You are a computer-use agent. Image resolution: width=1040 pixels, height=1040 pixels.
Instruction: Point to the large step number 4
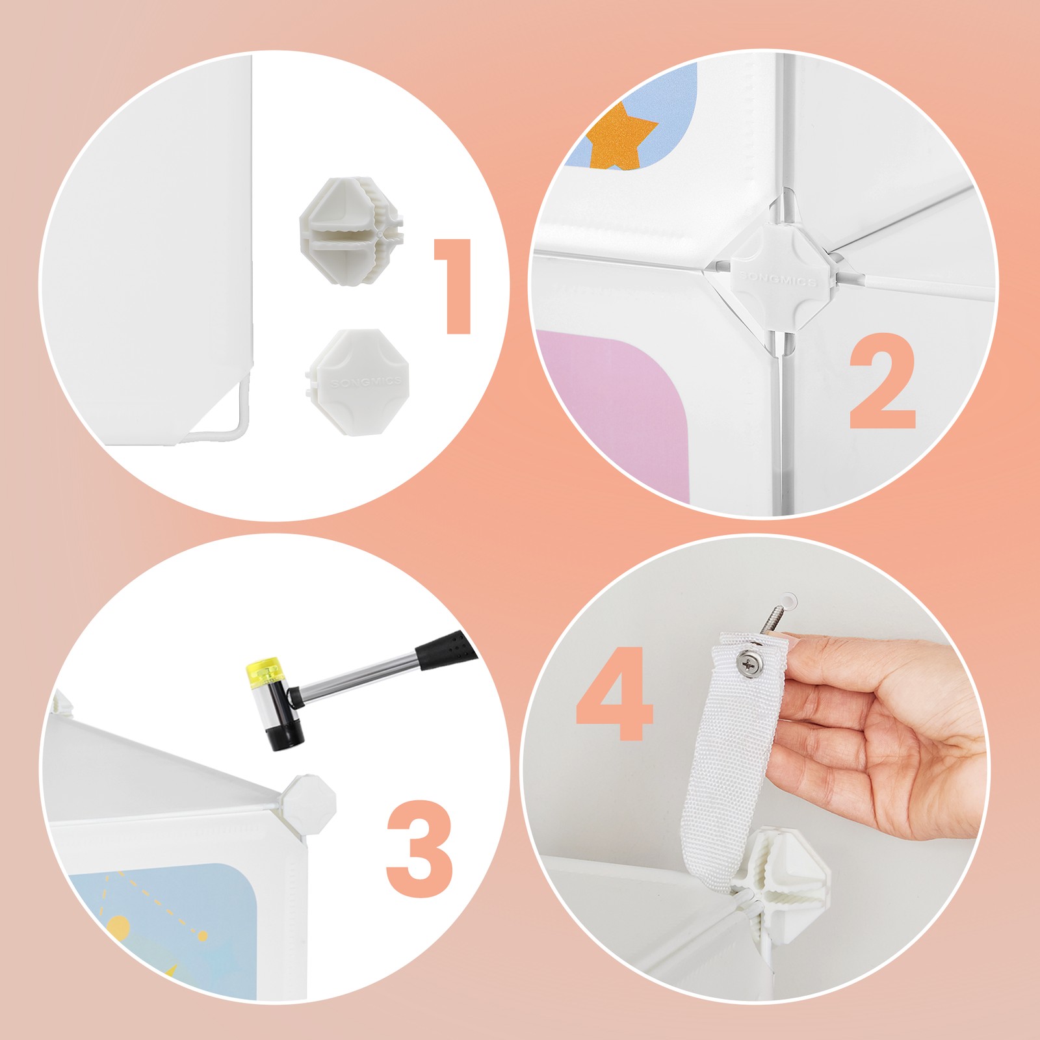click(614, 693)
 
